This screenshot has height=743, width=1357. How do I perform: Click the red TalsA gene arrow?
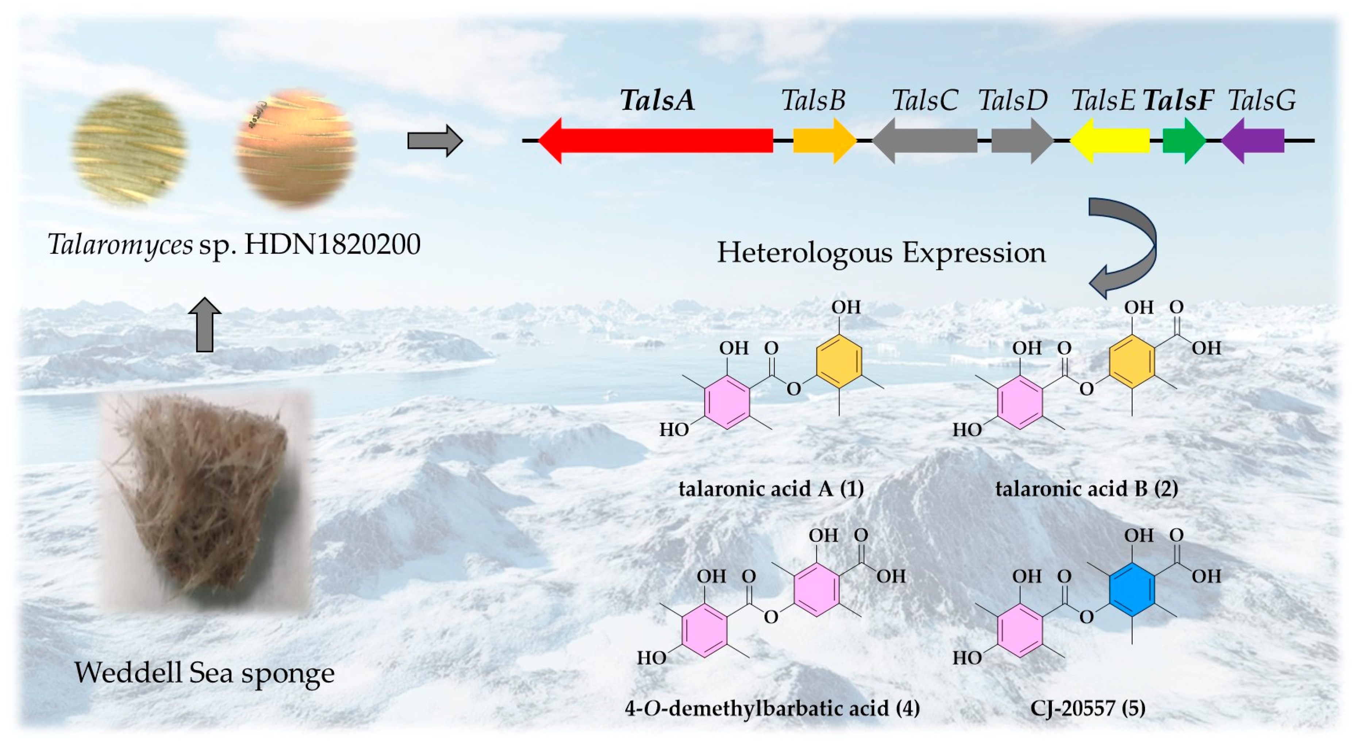coord(656,140)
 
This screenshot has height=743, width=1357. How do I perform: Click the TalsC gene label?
coord(924,100)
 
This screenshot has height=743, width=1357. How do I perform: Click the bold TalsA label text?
coord(657,100)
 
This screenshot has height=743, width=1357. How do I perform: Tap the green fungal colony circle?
coord(129,146)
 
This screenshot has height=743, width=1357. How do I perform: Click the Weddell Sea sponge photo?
coord(205,500)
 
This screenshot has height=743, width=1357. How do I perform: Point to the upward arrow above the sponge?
coord(205,324)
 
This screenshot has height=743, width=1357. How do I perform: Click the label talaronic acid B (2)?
coord(1086,489)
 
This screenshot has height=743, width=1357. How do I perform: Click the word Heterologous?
coord(806,252)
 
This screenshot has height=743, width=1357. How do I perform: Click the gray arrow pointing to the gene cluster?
coord(435,140)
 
